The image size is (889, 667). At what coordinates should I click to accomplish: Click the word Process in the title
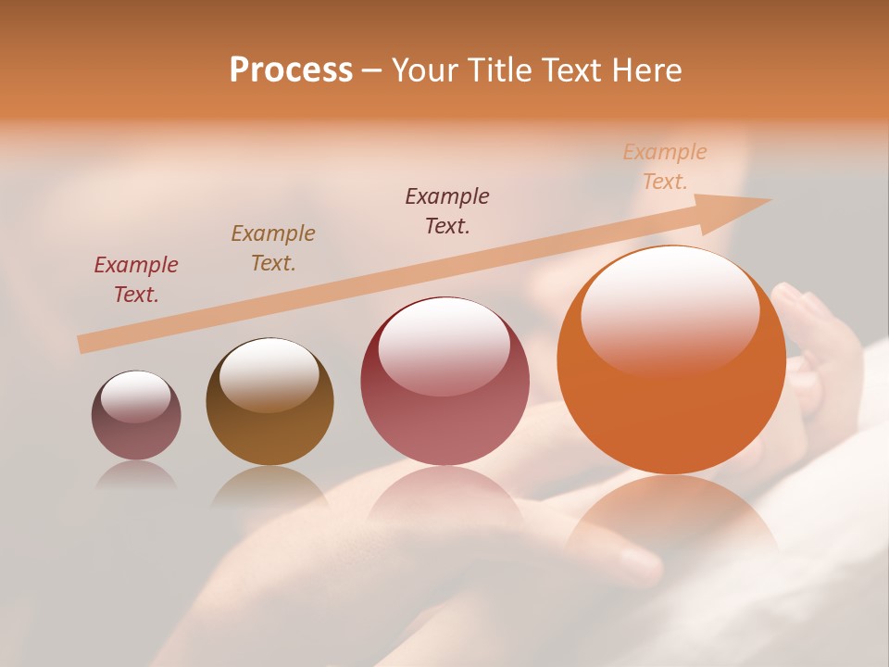click(291, 70)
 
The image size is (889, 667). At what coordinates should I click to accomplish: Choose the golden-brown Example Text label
click(273, 248)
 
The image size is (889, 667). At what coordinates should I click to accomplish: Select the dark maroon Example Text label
click(447, 211)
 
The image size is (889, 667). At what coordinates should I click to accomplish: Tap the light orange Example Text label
click(665, 167)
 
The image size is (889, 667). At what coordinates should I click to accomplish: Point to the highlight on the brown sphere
click(269, 372)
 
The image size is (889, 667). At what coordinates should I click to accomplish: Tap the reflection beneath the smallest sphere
click(136, 475)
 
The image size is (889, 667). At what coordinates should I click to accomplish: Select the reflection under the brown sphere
click(269, 486)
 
